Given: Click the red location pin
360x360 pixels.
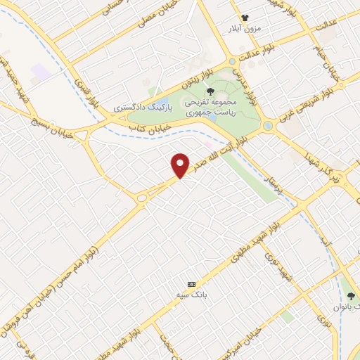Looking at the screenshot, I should click(x=181, y=165).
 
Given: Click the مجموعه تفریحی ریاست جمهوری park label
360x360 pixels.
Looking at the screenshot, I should click(x=210, y=107).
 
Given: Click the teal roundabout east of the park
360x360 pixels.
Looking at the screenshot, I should click(x=267, y=127).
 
